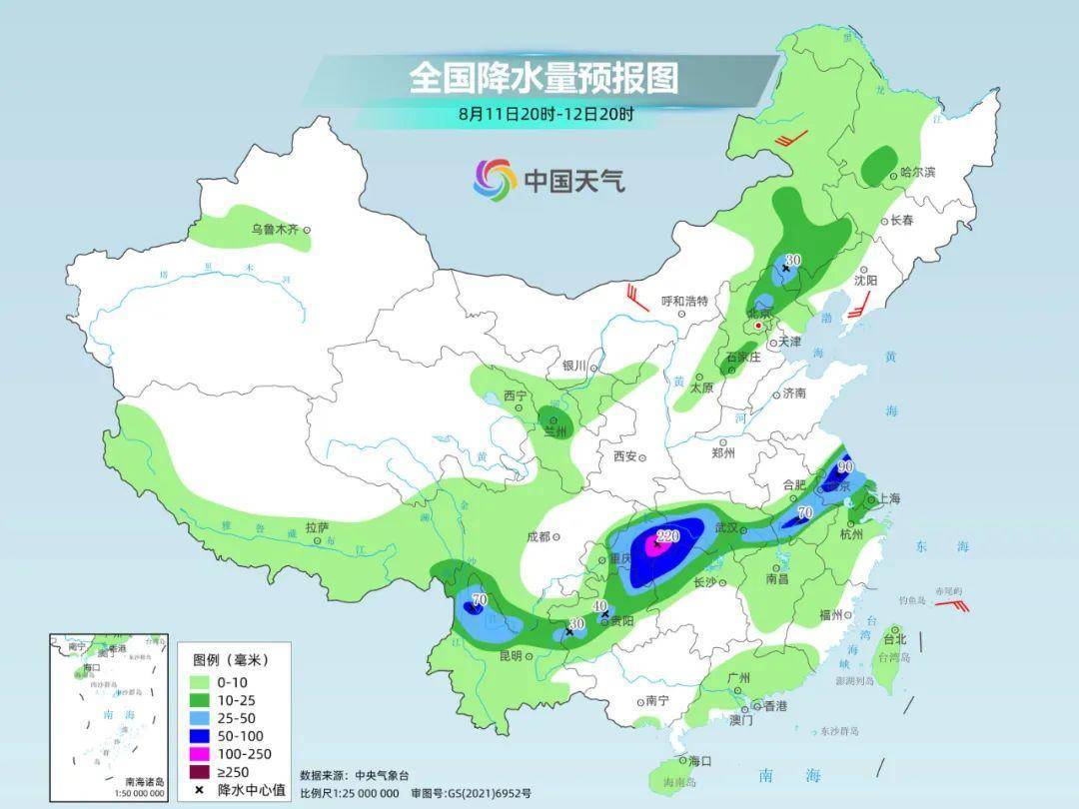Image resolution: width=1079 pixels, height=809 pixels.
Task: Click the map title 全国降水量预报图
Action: (542, 77)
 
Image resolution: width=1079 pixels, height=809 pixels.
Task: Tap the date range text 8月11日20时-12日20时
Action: (545, 114)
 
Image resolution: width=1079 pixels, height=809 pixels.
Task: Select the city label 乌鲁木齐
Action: (275, 230)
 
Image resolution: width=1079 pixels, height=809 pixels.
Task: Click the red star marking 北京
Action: (759, 326)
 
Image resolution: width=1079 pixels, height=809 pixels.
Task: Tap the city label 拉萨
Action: (317, 526)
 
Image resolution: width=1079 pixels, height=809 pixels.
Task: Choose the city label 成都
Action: (537, 536)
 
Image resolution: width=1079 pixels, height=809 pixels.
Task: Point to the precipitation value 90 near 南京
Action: (845, 466)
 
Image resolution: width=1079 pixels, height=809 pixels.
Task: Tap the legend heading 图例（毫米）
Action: (230, 660)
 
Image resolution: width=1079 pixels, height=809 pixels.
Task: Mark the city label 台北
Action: (894, 639)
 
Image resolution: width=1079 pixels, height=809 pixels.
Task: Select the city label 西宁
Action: (515, 397)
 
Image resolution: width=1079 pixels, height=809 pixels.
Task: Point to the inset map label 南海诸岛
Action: (144, 781)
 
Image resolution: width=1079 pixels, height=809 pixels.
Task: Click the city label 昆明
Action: (510, 656)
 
